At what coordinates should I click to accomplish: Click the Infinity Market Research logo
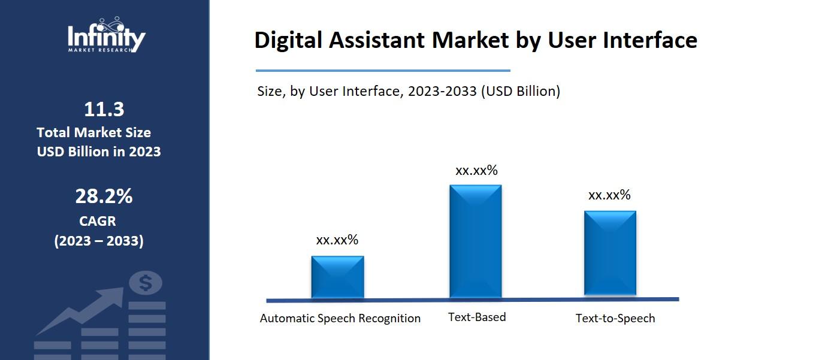[106, 35]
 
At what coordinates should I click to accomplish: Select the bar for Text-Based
[476, 241]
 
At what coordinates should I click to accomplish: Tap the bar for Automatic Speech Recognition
[337, 277]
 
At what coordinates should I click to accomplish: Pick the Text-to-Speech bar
[610, 253]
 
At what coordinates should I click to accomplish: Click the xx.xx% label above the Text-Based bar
[476, 171]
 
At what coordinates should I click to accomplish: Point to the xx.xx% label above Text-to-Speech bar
[609, 195]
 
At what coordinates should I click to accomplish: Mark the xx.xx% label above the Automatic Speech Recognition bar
[337, 240]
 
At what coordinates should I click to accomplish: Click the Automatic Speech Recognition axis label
[340, 318]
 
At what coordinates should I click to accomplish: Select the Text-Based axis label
[477, 317]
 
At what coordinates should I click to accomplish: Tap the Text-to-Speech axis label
[615, 318]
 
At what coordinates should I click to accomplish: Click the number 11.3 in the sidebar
[104, 110]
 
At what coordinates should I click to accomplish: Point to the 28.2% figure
[104, 196]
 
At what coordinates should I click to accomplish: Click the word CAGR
[98, 221]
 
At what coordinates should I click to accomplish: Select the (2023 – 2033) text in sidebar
[99, 241]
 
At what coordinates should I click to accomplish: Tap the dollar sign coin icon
[146, 283]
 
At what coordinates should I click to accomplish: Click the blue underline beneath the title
[383, 71]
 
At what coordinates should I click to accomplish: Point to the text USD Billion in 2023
[99, 152]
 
